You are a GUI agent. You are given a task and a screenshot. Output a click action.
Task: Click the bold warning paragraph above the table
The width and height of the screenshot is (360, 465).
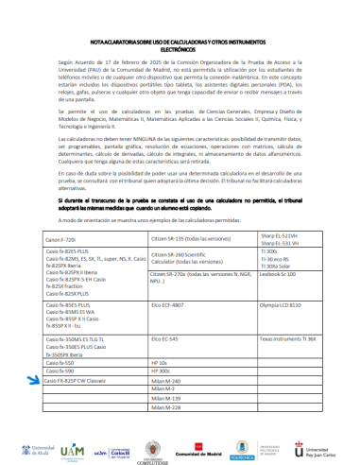179,206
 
